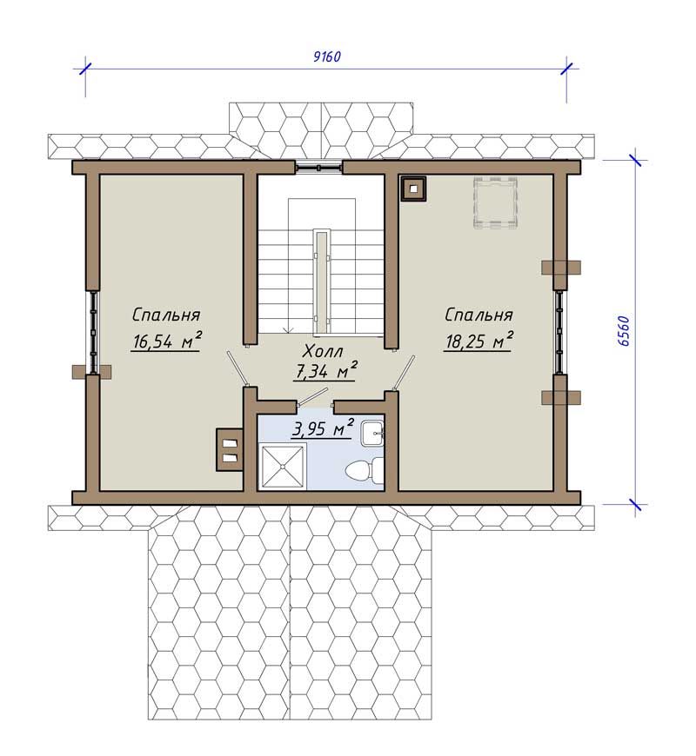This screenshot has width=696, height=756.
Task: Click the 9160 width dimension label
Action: (x=327, y=56)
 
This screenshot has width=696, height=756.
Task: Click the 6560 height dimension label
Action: (x=623, y=331)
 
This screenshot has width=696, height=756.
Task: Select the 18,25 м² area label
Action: (x=478, y=341)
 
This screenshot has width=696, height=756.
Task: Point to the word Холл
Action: (x=324, y=351)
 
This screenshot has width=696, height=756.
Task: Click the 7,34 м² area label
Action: (x=325, y=370)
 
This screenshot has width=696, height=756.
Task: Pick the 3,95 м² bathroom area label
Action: (x=323, y=428)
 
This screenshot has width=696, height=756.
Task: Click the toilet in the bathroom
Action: (x=365, y=469)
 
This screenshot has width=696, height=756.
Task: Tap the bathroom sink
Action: (x=372, y=433)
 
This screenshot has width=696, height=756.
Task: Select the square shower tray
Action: (x=284, y=467)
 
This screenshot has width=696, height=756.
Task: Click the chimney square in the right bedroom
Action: (x=413, y=189)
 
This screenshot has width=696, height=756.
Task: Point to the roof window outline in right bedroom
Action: (x=496, y=202)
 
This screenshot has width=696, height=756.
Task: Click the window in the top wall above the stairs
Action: (x=319, y=167)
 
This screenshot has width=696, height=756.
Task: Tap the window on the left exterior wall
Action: (x=93, y=332)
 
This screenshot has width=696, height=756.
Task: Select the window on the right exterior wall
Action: (x=559, y=332)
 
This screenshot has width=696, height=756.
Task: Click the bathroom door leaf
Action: (x=311, y=397)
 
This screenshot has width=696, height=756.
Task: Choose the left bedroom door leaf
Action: (x=238, y=368)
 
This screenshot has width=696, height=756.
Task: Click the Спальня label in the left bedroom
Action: (x=166, y=315)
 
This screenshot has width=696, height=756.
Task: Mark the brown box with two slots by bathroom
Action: (x=230, y=450)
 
